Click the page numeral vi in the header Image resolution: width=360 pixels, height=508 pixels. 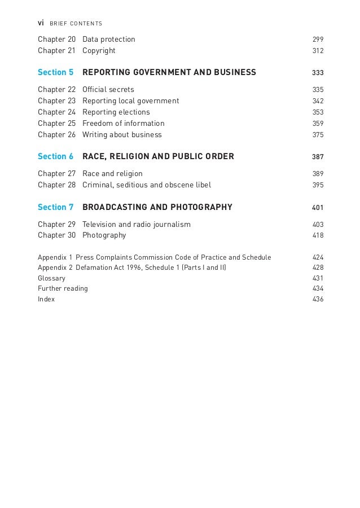41,23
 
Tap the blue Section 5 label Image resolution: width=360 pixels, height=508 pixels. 56,72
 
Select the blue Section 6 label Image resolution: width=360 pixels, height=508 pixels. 56,156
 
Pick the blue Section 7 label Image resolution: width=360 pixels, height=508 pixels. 56,207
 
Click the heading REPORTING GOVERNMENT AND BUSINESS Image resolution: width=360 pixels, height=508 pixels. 169,72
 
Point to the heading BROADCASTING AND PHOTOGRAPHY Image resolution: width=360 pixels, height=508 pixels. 157,207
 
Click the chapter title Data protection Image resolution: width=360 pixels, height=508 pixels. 109,40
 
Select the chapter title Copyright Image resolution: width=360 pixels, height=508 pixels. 99,51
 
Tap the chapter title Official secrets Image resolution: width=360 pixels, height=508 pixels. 108,90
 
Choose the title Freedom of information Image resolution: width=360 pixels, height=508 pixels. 124,123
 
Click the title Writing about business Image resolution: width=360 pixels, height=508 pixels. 122,134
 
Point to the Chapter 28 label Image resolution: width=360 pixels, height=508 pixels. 56,185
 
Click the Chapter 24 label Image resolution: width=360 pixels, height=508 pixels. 56,112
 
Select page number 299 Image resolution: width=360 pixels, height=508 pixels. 318,40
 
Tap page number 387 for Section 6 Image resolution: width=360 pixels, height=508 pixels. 318,156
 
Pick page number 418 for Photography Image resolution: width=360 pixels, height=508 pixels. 318,235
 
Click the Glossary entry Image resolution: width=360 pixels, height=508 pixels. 51,278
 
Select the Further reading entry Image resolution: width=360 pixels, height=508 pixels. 63,288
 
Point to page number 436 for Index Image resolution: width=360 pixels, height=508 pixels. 318,299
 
